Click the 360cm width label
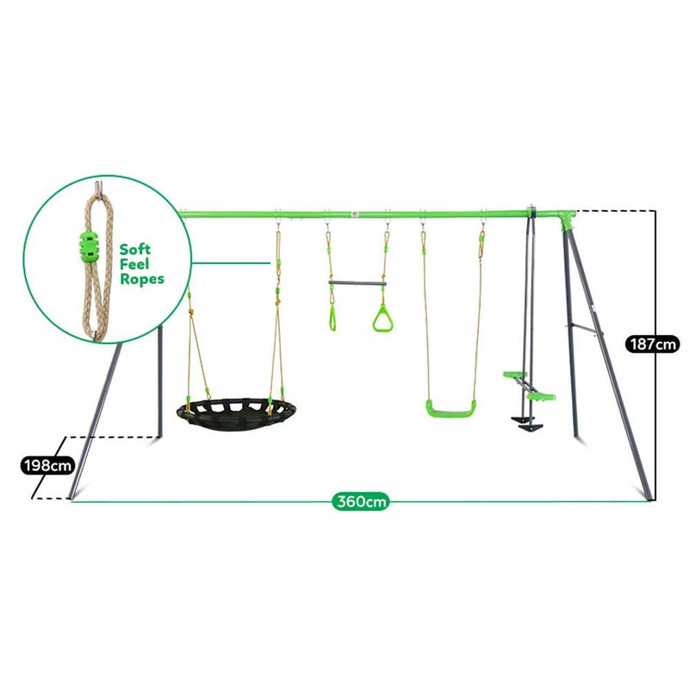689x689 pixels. [360, 501]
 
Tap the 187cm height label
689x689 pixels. [652, 344]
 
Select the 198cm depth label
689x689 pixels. [48, 465]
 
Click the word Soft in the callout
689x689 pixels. [135, 249]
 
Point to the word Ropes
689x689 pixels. [142, 279]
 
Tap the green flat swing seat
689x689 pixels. [450, 408]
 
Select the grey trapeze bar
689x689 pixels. [357, 283]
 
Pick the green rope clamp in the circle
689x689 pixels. [90, 246]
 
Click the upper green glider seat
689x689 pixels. [514, 375]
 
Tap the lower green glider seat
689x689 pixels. [542, 397]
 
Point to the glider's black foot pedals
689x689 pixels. [526, 424]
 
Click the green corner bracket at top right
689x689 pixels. [568, 220]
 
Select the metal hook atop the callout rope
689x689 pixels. [99, 187]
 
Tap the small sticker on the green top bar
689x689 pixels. [355, 214]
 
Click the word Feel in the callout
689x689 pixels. [134, 264]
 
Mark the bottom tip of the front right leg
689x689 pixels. [649, 500]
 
